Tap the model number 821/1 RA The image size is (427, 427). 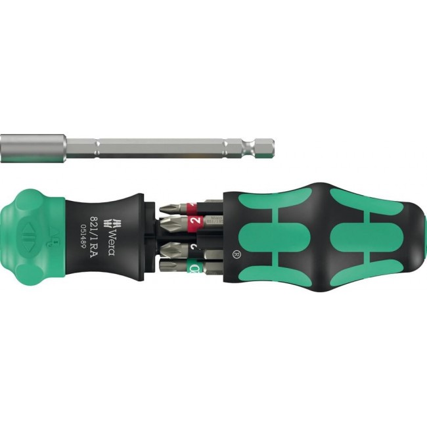(x=97, y=231)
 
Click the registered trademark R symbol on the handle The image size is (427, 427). (x=235, y=251)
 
